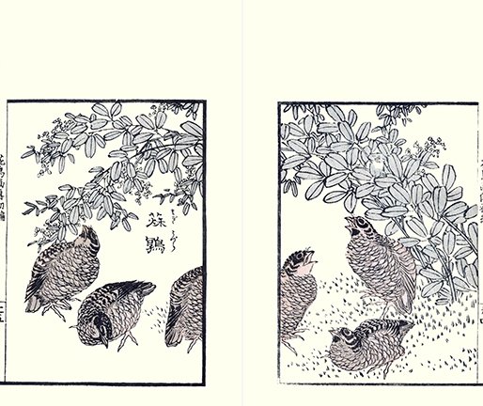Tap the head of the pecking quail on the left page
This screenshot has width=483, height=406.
pos(98,325)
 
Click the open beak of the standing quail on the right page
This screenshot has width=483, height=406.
pos(349,223)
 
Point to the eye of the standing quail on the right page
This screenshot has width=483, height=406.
pos(360,226)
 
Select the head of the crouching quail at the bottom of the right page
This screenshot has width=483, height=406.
pos(347,336)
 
